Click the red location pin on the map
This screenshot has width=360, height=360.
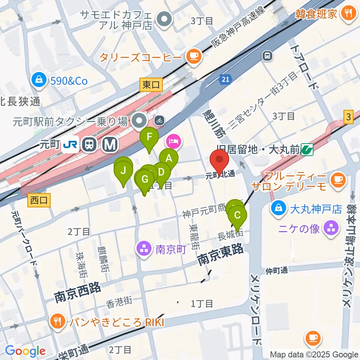(x=220, y=160)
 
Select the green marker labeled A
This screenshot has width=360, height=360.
(x=169, y=158)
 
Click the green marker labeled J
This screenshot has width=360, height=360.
(x=123, y=171)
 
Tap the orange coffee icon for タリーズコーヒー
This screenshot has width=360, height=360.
(x=194, y=57)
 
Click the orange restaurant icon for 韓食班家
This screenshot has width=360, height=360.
(x=349, y=14)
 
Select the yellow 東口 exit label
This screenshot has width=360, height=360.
(x=151, y=85)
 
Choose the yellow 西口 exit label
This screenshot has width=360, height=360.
(x=39, y=200)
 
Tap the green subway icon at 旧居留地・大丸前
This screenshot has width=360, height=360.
(x=307, y=150)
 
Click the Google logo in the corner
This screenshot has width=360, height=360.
(x=25, y=351)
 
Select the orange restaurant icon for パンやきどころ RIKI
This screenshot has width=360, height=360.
(x=57, y=321)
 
